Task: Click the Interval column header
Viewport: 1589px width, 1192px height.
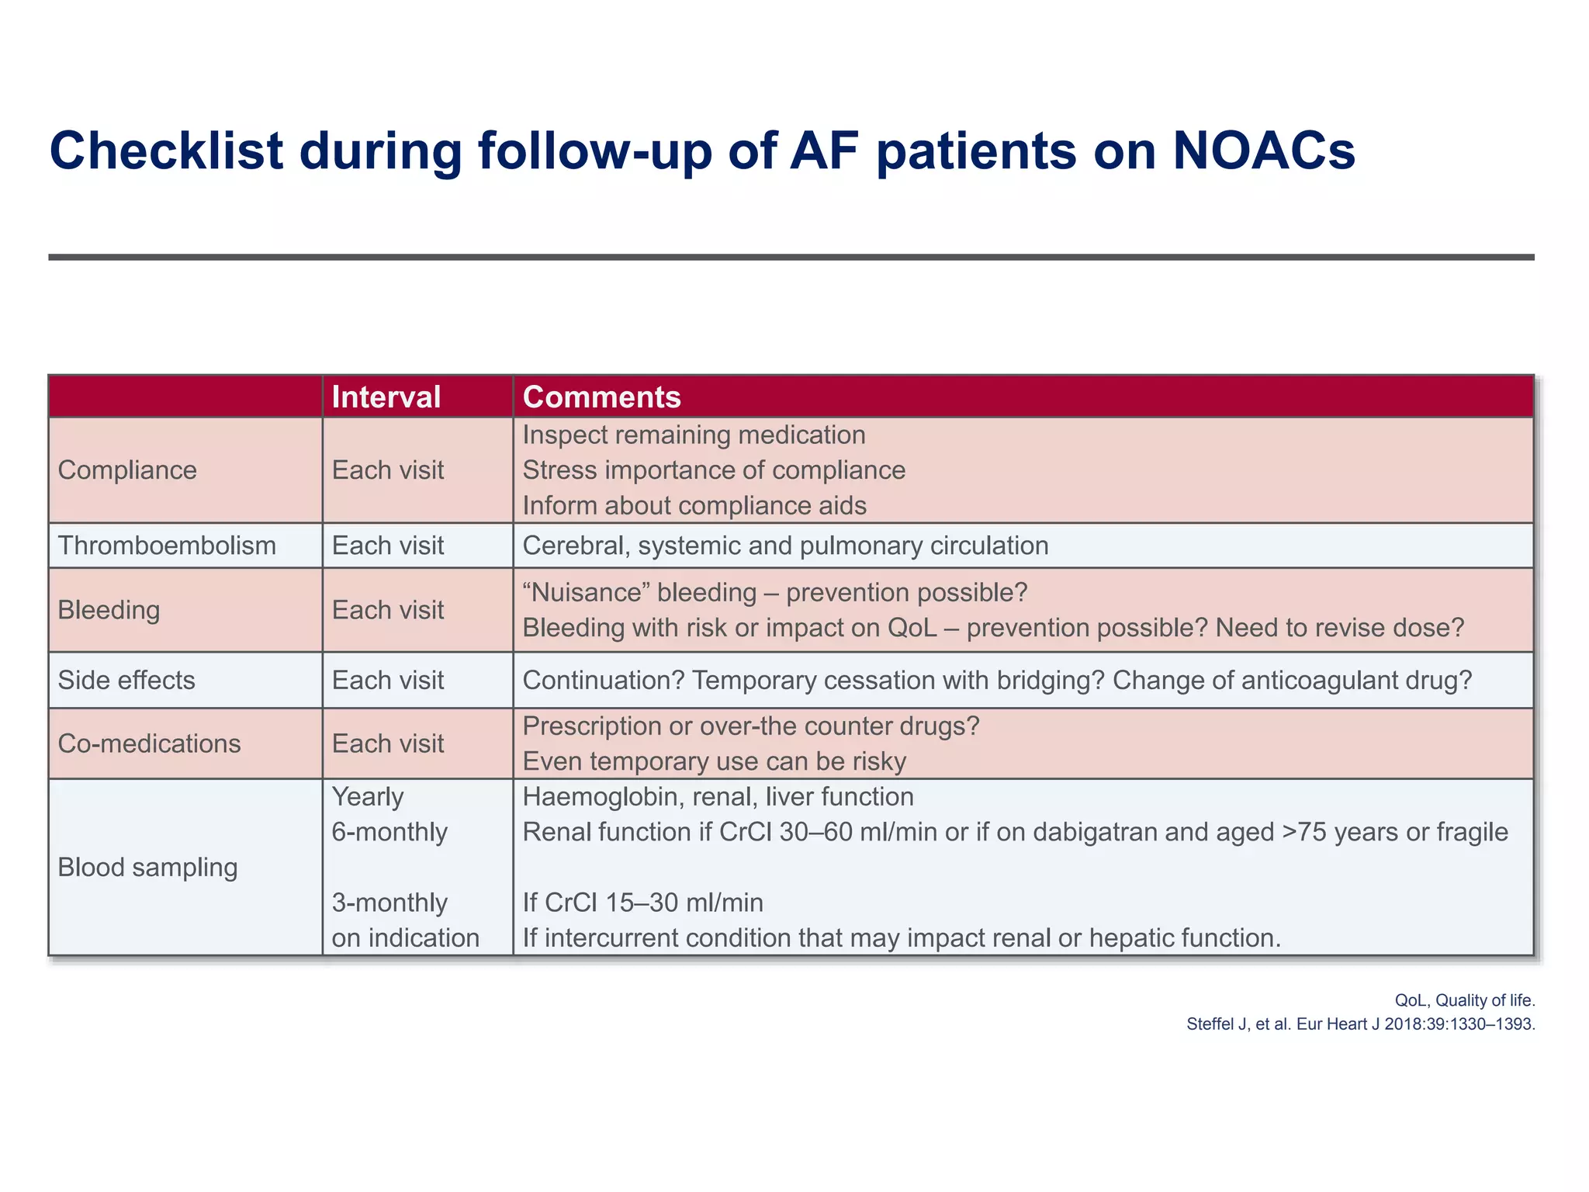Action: click(386, 397)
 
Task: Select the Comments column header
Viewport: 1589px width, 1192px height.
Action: click(601, 397)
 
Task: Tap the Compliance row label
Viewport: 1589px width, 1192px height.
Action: click(127, 470)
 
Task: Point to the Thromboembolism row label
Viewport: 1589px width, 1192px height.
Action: click(167, 546)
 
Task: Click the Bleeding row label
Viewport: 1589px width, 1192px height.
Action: click(109, 610)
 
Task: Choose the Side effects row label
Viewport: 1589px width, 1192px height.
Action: click(126, 680)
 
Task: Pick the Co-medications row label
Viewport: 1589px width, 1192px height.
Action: click(149, 743)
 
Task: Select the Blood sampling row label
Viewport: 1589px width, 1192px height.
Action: click(147, 867)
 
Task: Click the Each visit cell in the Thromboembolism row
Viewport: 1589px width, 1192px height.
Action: click(388, 546)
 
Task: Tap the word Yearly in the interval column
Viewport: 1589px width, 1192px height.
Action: click(368, 797)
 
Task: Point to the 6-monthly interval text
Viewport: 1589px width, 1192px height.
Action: click(389, 832)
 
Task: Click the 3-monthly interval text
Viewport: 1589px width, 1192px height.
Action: click(389, 903)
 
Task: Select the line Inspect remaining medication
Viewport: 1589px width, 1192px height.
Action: click(694, 435)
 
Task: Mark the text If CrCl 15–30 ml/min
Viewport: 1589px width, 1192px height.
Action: click(642, 903)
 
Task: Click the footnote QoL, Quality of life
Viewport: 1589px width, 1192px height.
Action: click(1465, 1000)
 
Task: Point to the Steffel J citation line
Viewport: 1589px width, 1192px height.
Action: click(1360, 1024)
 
